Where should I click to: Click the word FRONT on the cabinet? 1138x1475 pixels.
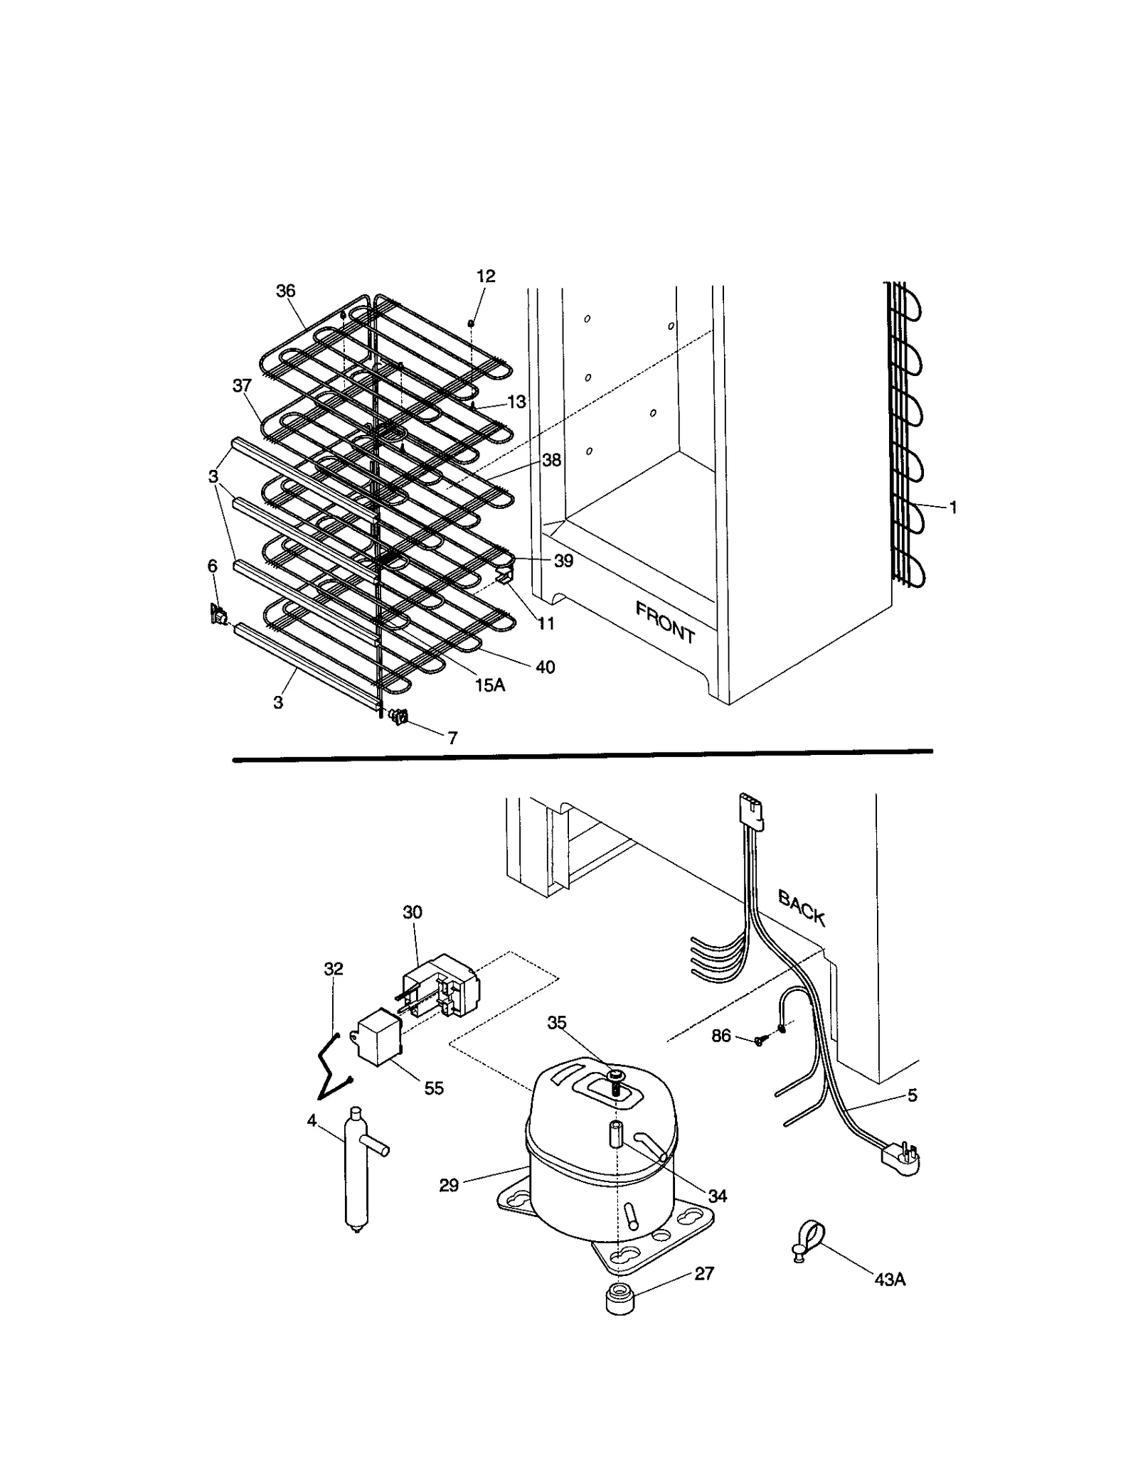click(x=665, y=622)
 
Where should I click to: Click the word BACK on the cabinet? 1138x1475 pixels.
click(x=802, y=908)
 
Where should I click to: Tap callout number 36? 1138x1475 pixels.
click(x=286, y=291)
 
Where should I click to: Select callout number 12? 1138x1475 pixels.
click(x=486, y=276)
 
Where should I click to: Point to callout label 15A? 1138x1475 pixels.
click(x=490, y=685)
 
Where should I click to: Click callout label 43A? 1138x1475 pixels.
click(x=890, y=1280)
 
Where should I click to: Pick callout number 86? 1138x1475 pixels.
click(x=721, y=1036)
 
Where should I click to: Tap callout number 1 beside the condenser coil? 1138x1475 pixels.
click(x=953, y=508)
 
